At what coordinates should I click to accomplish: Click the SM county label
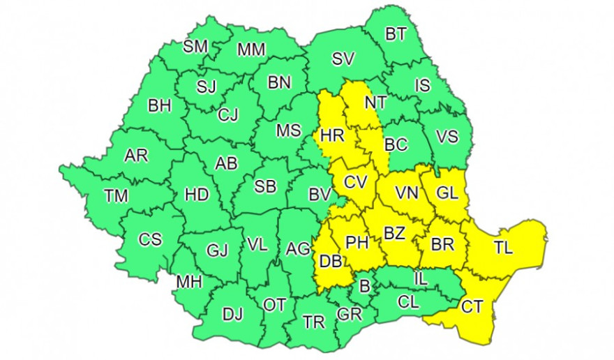[x=195, y=47]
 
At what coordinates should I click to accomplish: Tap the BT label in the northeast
[x=396, y=34]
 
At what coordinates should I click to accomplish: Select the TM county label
[x=116, y=196]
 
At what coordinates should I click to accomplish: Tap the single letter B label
[x=364, y=285]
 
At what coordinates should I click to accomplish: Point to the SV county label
[x=343, y=59]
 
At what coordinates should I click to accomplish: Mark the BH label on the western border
[x=160, y=106]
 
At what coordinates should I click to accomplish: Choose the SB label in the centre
[x=264, y=188]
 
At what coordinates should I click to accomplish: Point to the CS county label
[x=150, y=239]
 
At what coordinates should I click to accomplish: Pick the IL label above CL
[x=419, y=278]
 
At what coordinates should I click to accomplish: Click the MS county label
[x=288, y=130]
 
